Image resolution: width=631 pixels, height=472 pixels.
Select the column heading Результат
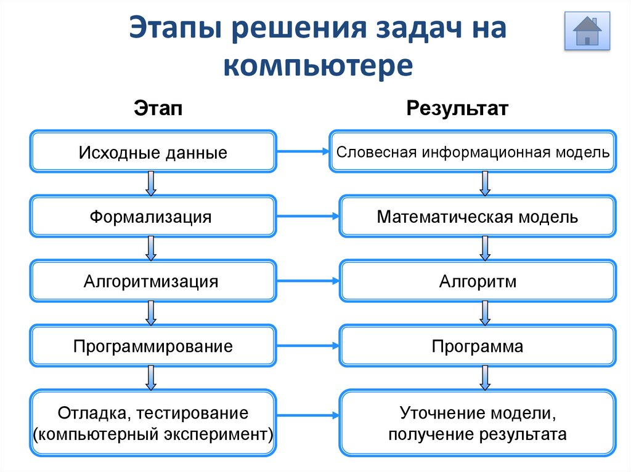point(457,109)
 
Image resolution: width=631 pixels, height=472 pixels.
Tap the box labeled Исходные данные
point(153,151)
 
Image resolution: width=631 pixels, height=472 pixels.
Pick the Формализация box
point(153,216)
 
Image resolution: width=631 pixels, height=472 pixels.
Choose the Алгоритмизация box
point(153,281)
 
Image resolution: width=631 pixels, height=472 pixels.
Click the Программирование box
point(153,346)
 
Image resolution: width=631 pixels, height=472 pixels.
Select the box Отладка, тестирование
point(153,423)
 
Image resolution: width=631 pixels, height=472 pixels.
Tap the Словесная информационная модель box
point(473,151)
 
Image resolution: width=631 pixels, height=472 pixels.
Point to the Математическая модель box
point(478,216)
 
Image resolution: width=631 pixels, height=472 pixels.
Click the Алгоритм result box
point(478,281)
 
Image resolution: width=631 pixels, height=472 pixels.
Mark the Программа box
point(478,346)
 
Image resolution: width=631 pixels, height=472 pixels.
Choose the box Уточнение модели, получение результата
point(478,423)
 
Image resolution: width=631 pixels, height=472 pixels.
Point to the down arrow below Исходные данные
point(150,183)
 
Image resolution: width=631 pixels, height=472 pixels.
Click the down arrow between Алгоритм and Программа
point(485,313)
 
